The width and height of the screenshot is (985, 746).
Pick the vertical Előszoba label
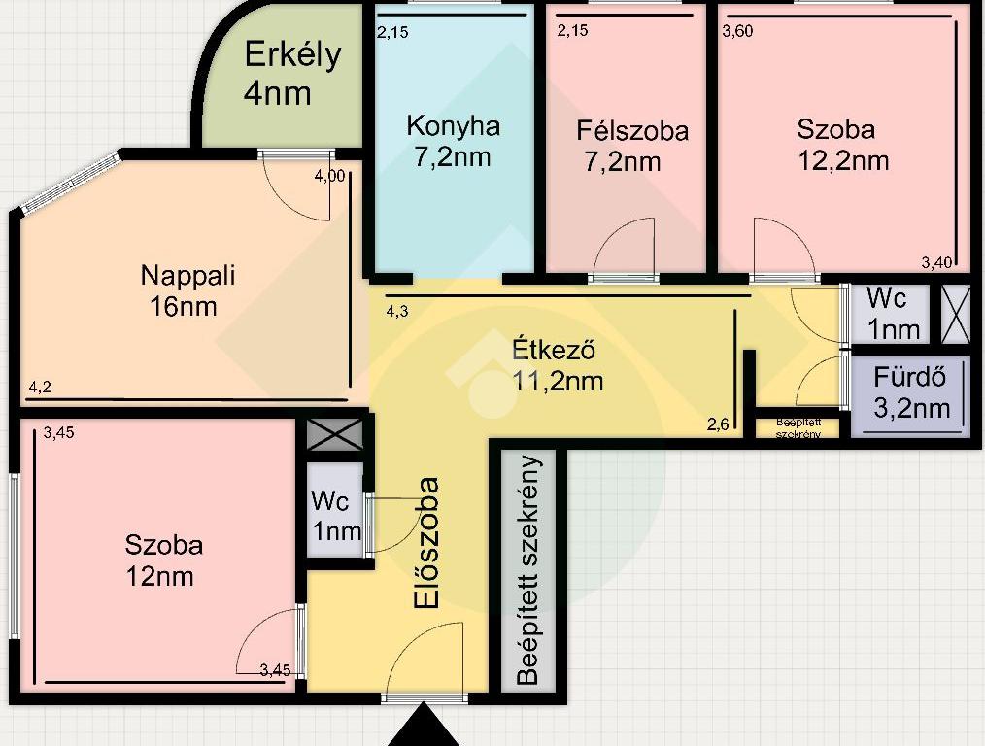[426, 543]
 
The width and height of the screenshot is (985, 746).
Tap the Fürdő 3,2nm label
[911, 392]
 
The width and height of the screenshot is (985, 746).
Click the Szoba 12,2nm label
[843, 145]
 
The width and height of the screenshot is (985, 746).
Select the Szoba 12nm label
[163, 560]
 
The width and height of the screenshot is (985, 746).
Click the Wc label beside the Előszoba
[336, 516]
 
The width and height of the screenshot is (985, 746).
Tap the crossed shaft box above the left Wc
[335, 434]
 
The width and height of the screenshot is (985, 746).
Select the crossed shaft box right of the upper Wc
[956, 315]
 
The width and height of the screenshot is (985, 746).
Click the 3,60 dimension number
[737, 31]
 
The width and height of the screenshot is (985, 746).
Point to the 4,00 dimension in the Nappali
[330, 176]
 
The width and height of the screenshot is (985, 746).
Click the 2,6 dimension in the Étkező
[718, 424]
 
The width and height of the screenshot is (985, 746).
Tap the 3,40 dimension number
[936, 263]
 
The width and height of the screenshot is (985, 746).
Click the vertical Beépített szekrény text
[528, 569]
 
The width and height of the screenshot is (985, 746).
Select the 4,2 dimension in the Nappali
[40, 388]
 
